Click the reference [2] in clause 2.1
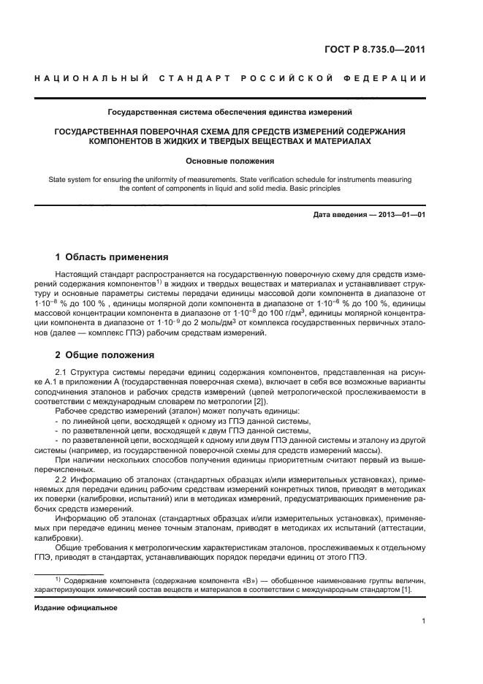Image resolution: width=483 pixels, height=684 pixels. tap(260, 400)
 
